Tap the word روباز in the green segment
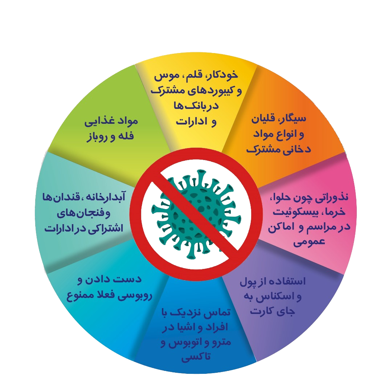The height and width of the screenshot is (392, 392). [98, 137]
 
